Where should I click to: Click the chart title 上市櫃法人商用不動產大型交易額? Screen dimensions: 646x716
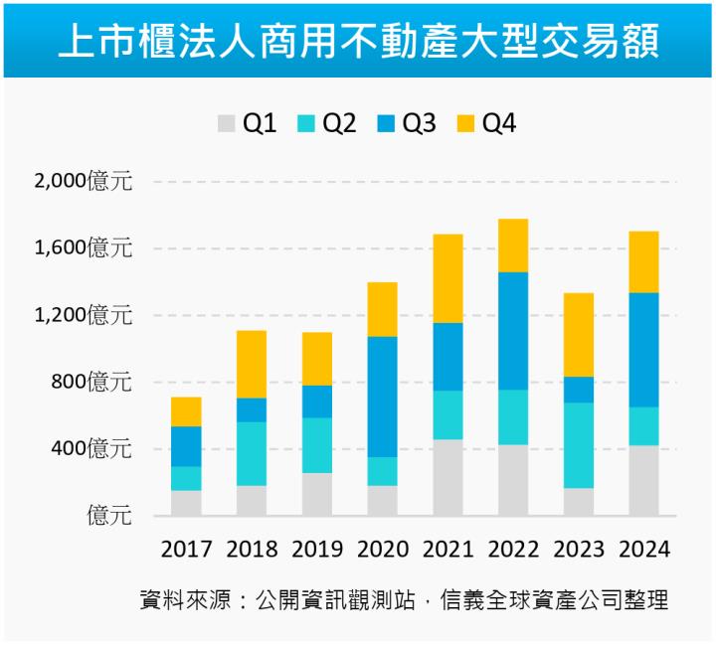[358, 43]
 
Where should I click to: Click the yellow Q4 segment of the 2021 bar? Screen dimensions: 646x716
[447, 278]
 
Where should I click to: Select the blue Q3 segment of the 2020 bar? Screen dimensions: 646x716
[383, 397]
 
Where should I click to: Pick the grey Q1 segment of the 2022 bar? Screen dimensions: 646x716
[513, 480]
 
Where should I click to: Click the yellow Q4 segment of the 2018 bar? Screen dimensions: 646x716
[252, 364]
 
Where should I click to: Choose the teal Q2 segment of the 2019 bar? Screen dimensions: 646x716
[317, 445]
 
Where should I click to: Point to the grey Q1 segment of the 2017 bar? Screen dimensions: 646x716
[186, 503]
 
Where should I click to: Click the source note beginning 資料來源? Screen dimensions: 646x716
[403, 600]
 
